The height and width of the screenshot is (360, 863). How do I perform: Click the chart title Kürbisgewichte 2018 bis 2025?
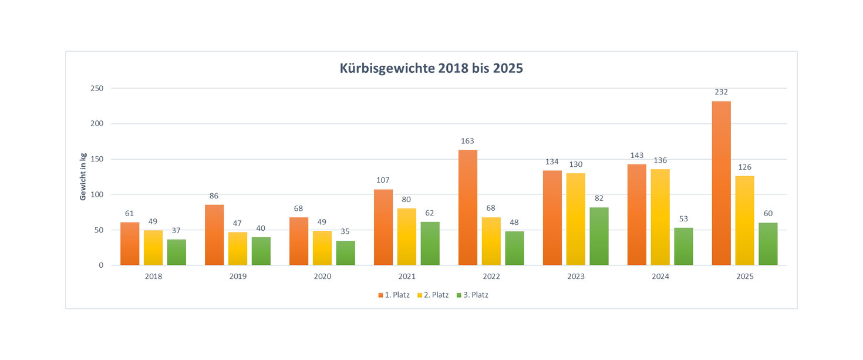pyautogui.click(x=431, y=69)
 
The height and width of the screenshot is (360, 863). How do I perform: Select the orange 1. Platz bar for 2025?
pyautogui.click(x=721, y=183)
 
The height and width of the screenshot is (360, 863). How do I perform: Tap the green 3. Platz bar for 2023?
pyautogui.click(x=599, y=236)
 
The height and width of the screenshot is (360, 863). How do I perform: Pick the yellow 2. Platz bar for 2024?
pyautogui.click(x=660, y=217)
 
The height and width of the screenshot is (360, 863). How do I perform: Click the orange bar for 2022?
pyautogui.click(x=467, y=207)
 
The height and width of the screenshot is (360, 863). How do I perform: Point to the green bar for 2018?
pyautogui.click(x=176, y=252)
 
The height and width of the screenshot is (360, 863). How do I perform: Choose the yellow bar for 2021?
pyautogui.click(x=406, y=237)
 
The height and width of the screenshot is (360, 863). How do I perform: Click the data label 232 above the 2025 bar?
pyautogui.click(x=721, y=92)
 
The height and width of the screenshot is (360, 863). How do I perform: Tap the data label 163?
pyautogui.click(x=467, y=141)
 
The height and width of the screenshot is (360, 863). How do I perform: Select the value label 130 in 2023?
pyautogui.click(x=575, y=164)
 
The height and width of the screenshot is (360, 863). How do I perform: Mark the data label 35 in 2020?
pyautogui.click(x=345, y=232)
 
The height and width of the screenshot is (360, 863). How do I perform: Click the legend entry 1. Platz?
pyautogui.click(x=394, y=295)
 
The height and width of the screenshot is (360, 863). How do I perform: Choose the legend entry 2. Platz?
pyautogui.click(x=433, y=295)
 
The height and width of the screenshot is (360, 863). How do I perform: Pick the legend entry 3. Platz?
pyautogui.click(x=472, y=295)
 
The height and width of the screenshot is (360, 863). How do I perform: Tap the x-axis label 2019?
pyautogui.click(x=237, y=276)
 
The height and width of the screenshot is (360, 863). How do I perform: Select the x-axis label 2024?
pyautogui.click(x=660, y=276)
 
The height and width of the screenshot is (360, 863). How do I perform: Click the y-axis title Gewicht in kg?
pyautogui.click(x=83, y=177)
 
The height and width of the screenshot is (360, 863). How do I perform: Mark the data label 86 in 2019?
pyautogui.click(x=214, y=196)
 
